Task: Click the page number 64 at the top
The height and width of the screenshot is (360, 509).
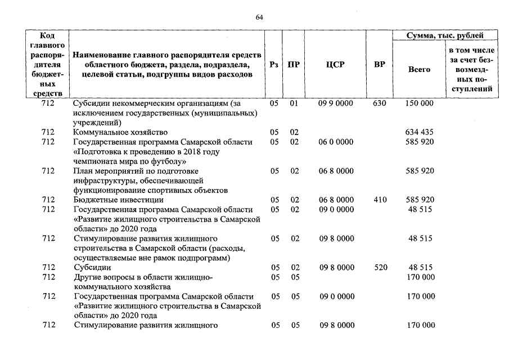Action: tap(259, 17)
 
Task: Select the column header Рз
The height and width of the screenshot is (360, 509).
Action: tap(274, 65)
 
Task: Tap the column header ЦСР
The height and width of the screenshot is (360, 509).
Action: tap(335, 65)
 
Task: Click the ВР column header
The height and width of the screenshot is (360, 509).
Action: tap(380, 65)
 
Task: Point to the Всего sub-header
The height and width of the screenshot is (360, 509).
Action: tap(419, 69)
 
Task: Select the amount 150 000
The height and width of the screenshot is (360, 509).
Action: tap(419, 104)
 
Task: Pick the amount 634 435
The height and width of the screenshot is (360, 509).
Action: tap(419, 132)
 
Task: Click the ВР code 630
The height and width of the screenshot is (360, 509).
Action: tap(380, 104)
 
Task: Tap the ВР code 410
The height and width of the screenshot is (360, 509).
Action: tap(380, 200)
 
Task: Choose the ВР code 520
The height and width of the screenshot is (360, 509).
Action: tap(380, 268)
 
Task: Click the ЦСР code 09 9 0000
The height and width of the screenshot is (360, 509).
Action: tap(336, 104)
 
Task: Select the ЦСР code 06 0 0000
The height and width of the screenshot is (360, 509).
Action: tap(336, 142)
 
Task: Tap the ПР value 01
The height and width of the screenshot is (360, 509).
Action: tap(294, 104)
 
